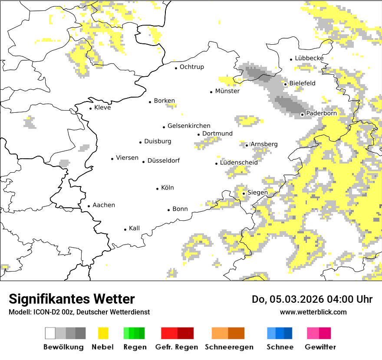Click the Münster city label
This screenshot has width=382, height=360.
point(227,91)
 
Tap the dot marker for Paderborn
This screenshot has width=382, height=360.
point(302,115)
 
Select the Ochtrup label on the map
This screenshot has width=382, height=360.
point(191,67)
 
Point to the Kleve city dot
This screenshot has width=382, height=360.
point(91,108)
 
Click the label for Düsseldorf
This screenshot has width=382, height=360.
point(163,160)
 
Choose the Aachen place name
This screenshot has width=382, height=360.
point(104,205)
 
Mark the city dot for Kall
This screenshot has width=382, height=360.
point(125,229)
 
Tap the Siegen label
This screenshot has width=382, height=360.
point(257,192)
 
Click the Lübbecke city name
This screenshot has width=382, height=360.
point(309,58)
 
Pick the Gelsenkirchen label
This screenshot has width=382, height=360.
point(189,126)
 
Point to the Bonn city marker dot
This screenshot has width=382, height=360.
point(169,210)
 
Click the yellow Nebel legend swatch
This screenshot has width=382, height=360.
point(103,333)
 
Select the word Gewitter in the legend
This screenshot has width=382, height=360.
point(320,347)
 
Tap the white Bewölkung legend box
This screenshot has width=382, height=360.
point(50,333)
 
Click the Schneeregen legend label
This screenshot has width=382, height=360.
point(229,347)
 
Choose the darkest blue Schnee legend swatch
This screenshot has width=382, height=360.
point(288,333)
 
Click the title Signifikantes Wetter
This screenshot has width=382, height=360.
point(72,299)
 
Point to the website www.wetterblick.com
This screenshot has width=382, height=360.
point(313,312)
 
